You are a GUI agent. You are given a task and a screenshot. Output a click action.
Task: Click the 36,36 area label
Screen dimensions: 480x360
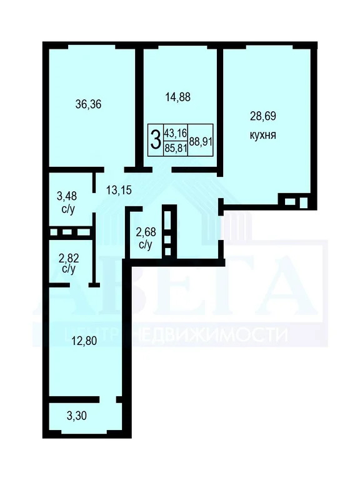pyautogui.click(x=88, y=104)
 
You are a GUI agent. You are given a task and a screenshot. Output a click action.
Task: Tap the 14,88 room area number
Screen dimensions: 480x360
pyautogui.click(x=177, y=97)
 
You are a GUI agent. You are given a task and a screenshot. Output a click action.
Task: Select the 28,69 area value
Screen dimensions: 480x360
pyautogui.click(x=263, y=116)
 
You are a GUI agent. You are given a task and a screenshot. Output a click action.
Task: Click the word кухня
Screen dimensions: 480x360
pyautogui.click(x=263, y=134)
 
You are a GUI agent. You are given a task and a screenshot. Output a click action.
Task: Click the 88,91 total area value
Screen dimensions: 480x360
pyautogui.click(x=201, y=141)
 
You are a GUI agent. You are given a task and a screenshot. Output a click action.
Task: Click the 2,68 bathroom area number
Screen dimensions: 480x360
pyautogui.click(x=146, y=234)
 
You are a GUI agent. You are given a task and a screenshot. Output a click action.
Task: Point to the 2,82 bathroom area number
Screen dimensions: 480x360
pyautogui.click(x=69, y=257)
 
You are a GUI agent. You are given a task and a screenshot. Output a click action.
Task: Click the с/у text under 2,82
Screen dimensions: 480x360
pyautogui.click(x=69, y=269)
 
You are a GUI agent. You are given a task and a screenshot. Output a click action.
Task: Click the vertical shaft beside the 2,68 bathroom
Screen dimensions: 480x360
pyautogui.click(x=167, y=231)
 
